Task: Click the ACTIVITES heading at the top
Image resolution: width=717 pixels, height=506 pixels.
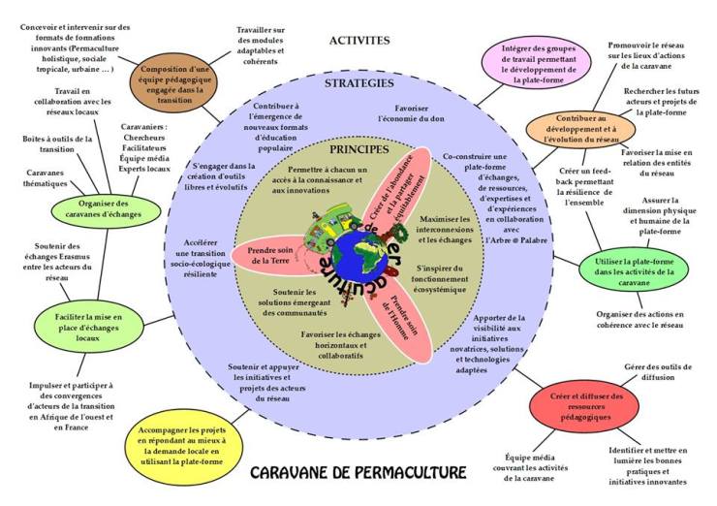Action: (358, 41)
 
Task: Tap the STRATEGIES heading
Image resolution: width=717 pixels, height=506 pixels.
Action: (358, 84)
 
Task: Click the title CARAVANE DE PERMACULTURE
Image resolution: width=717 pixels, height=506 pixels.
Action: (358, 473)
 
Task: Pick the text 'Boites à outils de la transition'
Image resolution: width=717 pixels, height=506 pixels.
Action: (57, 144)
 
